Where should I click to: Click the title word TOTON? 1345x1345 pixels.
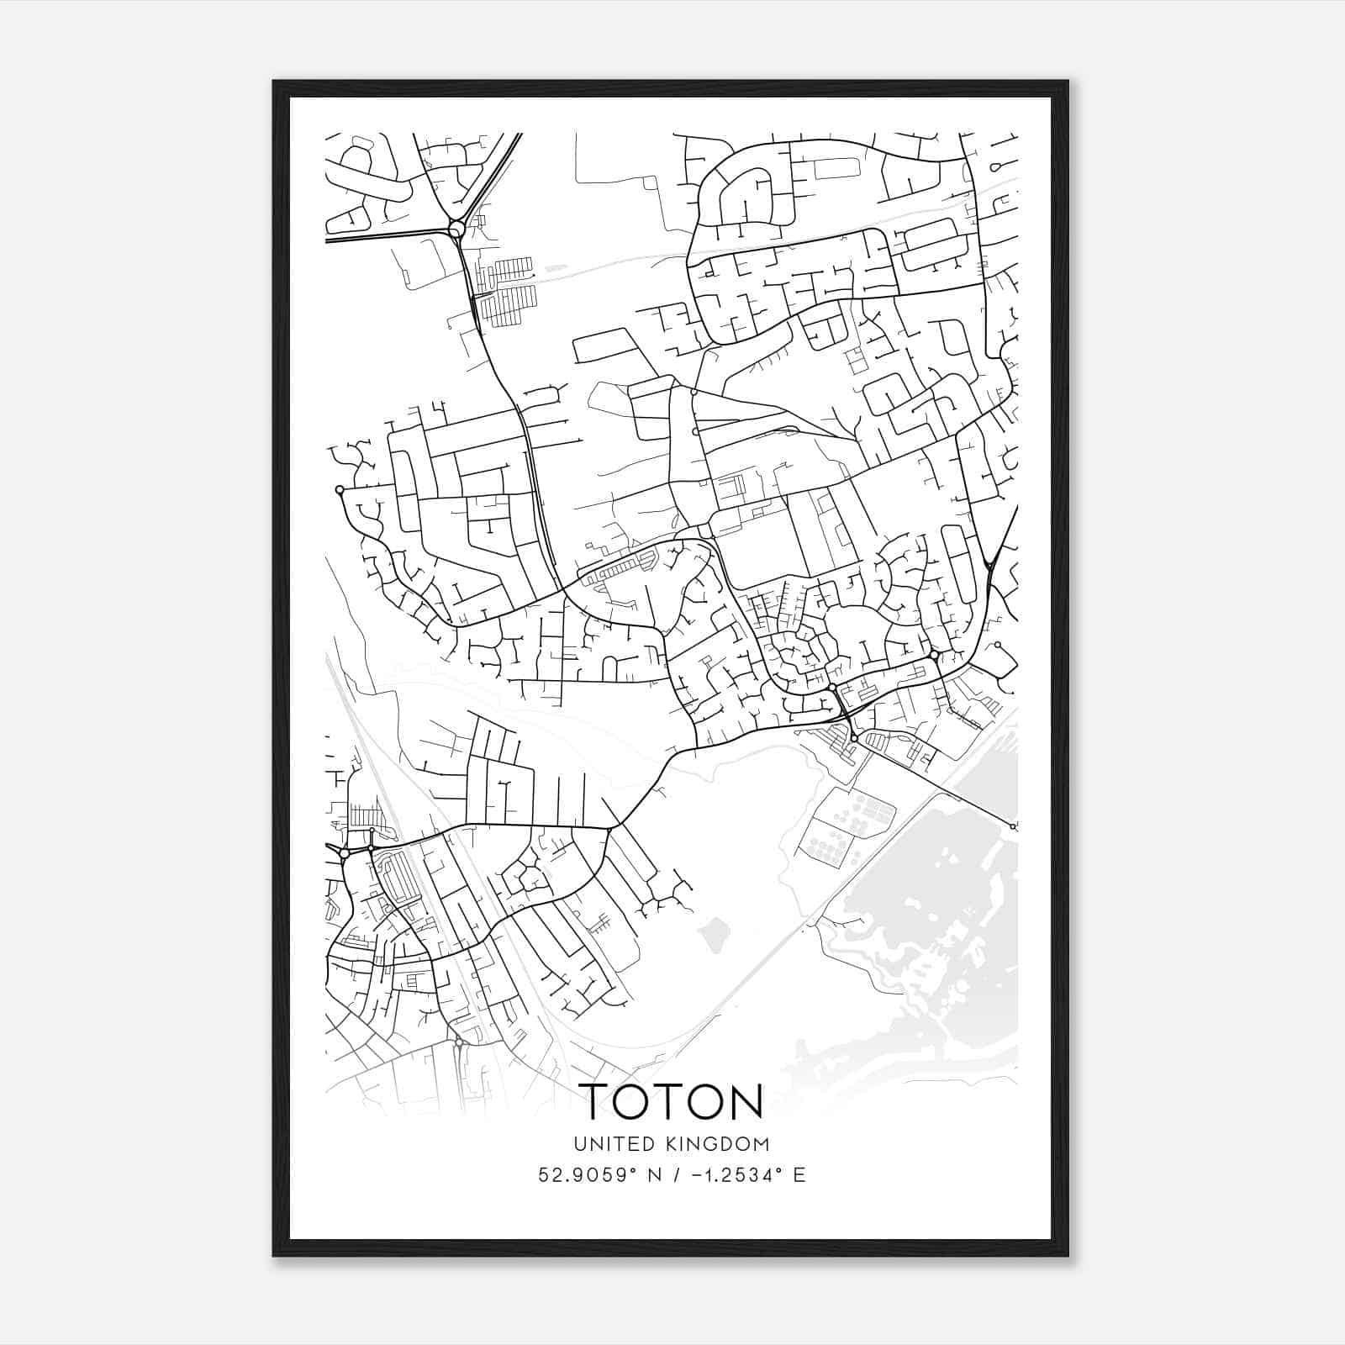click(x=672, y=1100)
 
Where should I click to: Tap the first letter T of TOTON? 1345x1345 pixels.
click(x=597, y=1100)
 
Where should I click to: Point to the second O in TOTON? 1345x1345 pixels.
click(x=707, y=1100)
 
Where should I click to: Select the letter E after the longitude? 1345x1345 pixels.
click(x=799, y=1175)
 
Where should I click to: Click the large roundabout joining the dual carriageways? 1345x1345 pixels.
click(x=456, y=229)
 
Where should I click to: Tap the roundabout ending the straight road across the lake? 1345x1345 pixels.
click(x=1013, y=827)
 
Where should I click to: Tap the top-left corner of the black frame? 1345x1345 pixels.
click(x=274, y=82)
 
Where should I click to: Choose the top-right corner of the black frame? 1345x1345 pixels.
click(x=1068, y=82)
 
